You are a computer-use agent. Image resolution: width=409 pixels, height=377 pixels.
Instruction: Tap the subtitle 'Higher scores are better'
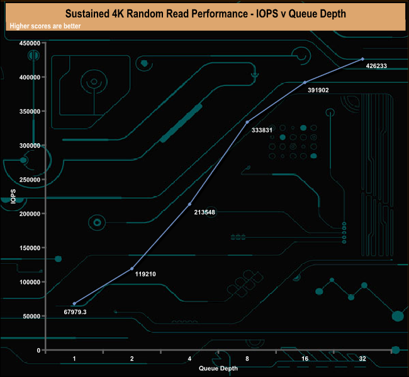coord(45,26)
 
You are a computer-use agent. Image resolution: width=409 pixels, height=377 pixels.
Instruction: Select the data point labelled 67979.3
coord(74,303)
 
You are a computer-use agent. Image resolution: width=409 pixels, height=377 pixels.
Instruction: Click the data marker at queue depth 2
coord(132,268)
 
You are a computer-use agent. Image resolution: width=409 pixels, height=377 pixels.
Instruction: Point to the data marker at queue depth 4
coord(190,204)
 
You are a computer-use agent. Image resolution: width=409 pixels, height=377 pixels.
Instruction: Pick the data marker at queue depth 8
coord(247,122)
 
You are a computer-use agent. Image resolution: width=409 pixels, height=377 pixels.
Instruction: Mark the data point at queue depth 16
coord(305,82)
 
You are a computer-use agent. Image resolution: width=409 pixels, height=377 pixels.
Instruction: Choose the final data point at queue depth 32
coord(362,59)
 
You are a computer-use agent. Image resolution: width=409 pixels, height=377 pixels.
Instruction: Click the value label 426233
coord(376,65)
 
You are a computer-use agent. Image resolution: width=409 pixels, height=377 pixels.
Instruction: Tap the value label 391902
coord(318,90)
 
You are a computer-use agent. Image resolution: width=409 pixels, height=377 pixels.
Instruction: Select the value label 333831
coord(262,130)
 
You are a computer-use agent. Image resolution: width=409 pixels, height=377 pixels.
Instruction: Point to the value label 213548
coord(204,212)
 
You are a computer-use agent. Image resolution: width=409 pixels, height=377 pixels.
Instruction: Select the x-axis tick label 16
coord(305,359)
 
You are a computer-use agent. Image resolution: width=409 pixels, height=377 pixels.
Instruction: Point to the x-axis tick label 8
coord(247,359)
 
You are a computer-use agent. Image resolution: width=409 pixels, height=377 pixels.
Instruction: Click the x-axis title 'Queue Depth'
coord(218,368)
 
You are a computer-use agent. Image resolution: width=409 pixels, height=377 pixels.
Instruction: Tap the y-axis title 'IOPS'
coord(13,196)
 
